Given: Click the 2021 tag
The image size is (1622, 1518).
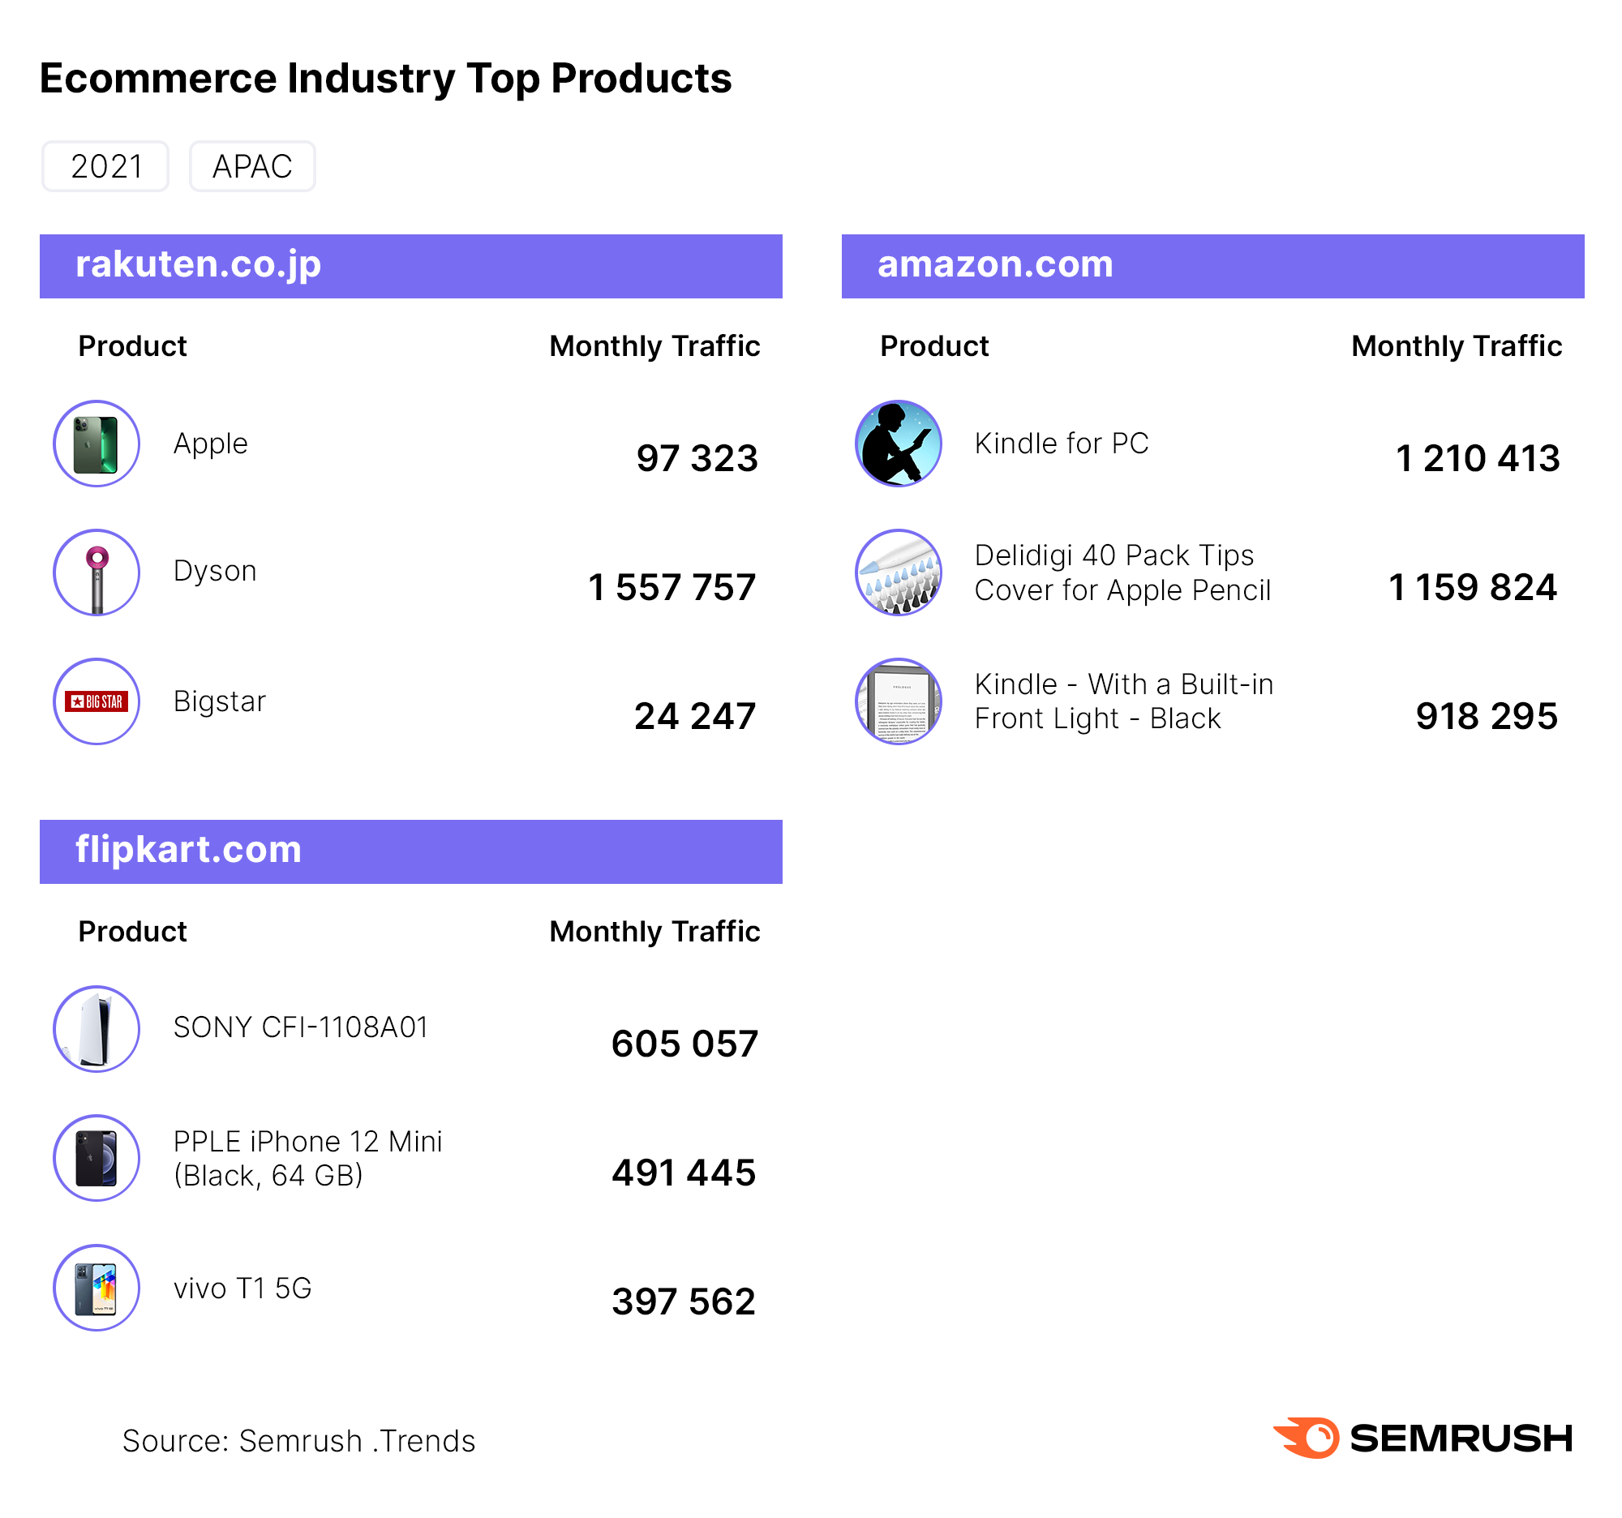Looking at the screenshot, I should (106, 166).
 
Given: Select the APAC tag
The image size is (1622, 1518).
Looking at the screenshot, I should (252, 166).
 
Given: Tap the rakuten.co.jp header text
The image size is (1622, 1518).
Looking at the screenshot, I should (198, 264).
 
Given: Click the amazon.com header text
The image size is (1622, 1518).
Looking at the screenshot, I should (994, 264).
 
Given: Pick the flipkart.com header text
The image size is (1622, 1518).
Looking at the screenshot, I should (188, 850).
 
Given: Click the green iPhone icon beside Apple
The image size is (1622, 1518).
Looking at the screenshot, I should (97, 444).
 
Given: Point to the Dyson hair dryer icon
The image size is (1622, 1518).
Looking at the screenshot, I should (97, 572).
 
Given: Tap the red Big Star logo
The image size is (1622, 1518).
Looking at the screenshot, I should (97, 701).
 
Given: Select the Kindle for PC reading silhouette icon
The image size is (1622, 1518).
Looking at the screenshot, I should (899, 444).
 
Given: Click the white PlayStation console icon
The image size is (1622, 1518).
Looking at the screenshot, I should (97, 1029).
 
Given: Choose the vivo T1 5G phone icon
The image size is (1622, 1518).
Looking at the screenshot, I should (97, 1288).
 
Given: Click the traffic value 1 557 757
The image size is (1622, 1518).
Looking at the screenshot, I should (672, 587).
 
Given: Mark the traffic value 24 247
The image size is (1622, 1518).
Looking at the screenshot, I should (695, 716).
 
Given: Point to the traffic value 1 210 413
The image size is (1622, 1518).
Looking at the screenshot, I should (1478, 458).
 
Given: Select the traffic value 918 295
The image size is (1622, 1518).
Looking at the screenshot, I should (1487, 716).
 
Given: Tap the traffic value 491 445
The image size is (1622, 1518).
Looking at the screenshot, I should (684, 1173).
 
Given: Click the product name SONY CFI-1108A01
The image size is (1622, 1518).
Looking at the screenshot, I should (300, 1027).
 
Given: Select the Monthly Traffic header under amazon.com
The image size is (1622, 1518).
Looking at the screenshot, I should (1457, 347).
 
